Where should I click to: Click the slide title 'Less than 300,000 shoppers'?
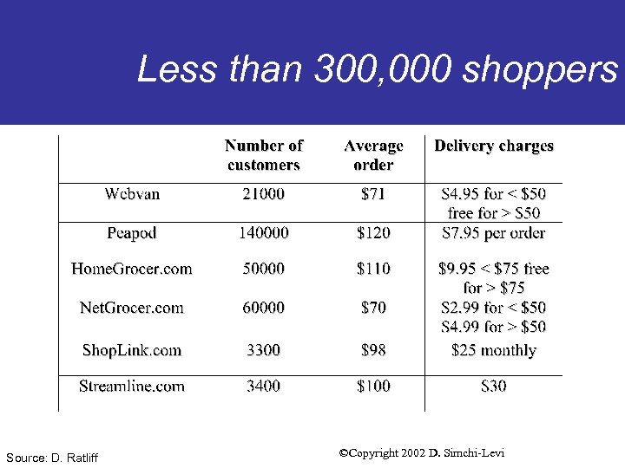click(377, 69)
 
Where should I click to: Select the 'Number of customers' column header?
click(264, 155)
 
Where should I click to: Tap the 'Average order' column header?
click(373, 155)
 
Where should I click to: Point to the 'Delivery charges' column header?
click(494, 146)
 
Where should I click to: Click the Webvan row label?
click(132, 194)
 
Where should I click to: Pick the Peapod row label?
click(132, 233)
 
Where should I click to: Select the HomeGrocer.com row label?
click(132, 269)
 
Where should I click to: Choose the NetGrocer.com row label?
click(132, 308)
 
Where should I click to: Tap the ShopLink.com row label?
click(132, 350)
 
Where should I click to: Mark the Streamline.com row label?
click(132, 387)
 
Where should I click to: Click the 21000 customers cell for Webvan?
click(264, 194)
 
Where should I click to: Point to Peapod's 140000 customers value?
click(264, 233)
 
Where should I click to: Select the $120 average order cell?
click(373, 233)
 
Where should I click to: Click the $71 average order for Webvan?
click(373, 194)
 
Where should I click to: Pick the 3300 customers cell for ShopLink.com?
click(264, 350)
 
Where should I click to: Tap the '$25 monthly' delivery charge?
click(494, 350)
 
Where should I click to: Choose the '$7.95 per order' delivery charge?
click(494, 233)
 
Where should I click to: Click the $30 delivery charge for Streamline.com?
click(494, 387)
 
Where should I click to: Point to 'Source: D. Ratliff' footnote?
click(51, 457)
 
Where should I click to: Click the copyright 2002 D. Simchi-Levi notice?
click(422, 453)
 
